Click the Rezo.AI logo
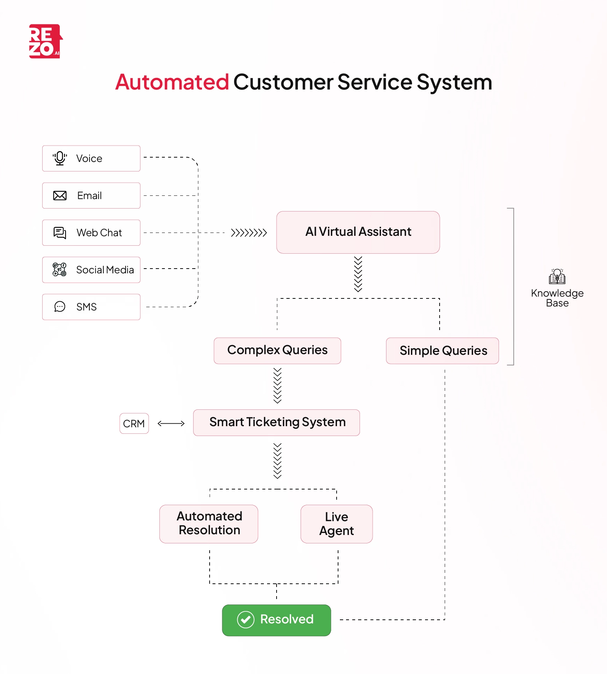(x=45, y=41)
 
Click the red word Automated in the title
(x=172, y=82)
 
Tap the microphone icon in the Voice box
(x=60, y=158)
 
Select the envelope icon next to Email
(x=60, y=196)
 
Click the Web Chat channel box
(x=91, y=233)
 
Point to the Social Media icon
(x=59, y=270)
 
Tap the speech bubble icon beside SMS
(x=60, y=307)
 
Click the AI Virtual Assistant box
(x=358, y=232)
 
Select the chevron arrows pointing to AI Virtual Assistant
(x=249, y=233)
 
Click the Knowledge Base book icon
(x=557, y=277)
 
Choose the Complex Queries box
(x=277, y=350)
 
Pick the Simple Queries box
(x=443, y=351)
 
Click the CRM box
(x=134, y=424)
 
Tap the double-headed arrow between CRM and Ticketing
(x=171, y=423)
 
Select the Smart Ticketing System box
(x=277, y=423)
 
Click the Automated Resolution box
(x=209, y=524)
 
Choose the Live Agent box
(x=336, y=524)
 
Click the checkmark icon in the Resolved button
(x=246, y=620)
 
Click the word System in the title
(x=454, y=82)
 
